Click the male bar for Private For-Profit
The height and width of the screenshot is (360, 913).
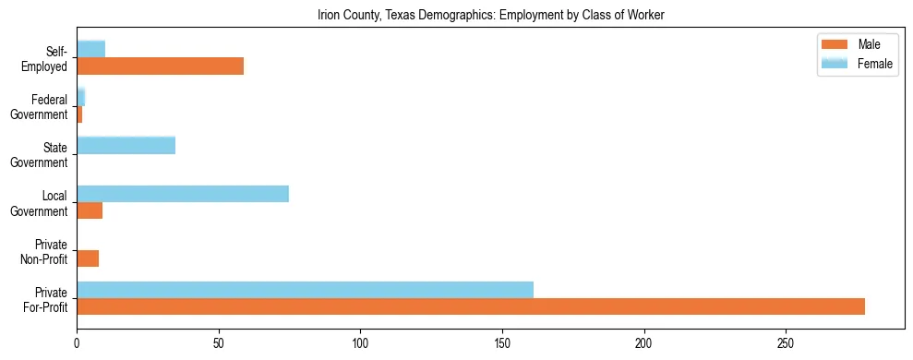471,306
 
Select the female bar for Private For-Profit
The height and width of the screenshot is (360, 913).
305,290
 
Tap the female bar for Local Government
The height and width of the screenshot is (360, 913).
183,194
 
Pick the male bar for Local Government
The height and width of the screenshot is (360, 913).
90,210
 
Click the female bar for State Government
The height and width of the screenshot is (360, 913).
126,146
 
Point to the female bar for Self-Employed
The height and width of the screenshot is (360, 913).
90,50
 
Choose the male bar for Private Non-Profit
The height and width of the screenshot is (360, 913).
88,258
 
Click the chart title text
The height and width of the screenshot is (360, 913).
490,16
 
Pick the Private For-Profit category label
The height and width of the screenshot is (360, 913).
45,298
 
